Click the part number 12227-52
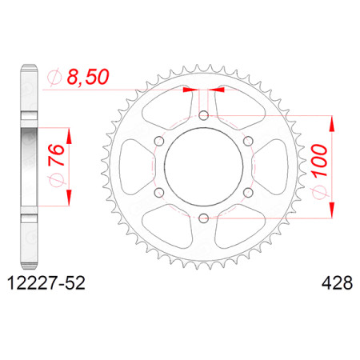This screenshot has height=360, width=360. (46, 282)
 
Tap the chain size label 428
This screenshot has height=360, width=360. (337, 282)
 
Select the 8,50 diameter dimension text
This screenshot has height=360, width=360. (88, 77)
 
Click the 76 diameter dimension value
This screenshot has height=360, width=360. (56, 154)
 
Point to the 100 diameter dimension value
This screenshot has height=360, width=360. (319, 160)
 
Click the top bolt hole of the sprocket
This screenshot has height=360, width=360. (204, 115)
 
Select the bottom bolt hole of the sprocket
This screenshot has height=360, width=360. (204, 218)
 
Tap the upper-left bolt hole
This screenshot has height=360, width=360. (159, 141)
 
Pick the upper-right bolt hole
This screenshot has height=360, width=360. (248, 141)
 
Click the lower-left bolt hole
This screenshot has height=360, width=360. (159, 192)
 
